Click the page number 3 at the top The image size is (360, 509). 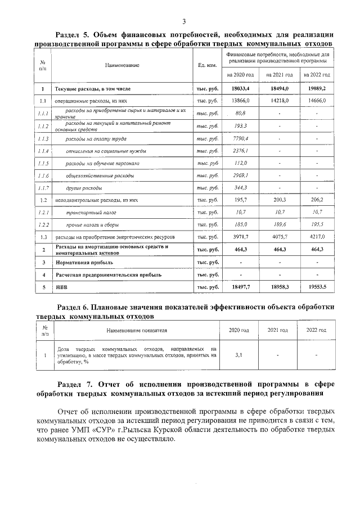pos(183,21)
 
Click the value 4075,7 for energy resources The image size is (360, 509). pos(280,237)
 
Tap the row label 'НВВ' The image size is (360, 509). pos(61,287)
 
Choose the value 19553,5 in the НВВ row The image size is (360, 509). pos(317,287)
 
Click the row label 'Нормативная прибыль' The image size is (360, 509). pos(84,262)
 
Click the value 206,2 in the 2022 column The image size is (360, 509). pos(317,200)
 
